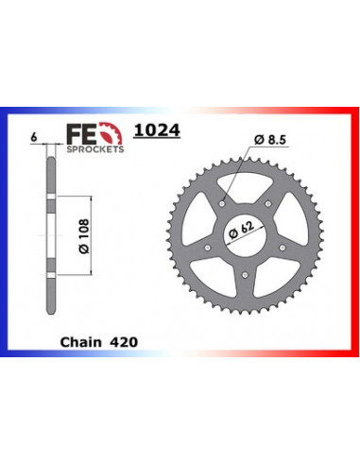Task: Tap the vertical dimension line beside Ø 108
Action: click(91, 232)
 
